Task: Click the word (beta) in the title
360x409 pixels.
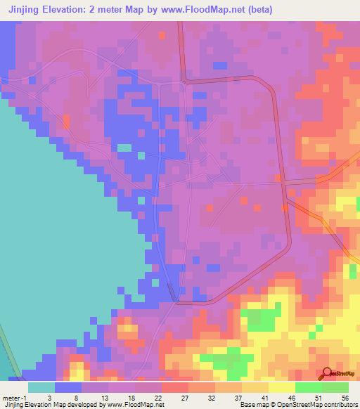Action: point(257,10)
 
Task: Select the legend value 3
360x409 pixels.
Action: point(55,397)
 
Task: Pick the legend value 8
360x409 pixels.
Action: point(82,397)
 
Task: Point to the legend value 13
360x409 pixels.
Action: point(108,397)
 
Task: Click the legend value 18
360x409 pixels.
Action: point(135,397)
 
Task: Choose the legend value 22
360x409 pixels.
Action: point(162,397)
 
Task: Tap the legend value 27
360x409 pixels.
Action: point(188,397)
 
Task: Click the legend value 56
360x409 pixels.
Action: point(346,397)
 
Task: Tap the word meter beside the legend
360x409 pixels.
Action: point(11,397)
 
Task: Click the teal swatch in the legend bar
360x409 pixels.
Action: point(41,387)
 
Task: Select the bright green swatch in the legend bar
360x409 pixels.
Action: point(309,387)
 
